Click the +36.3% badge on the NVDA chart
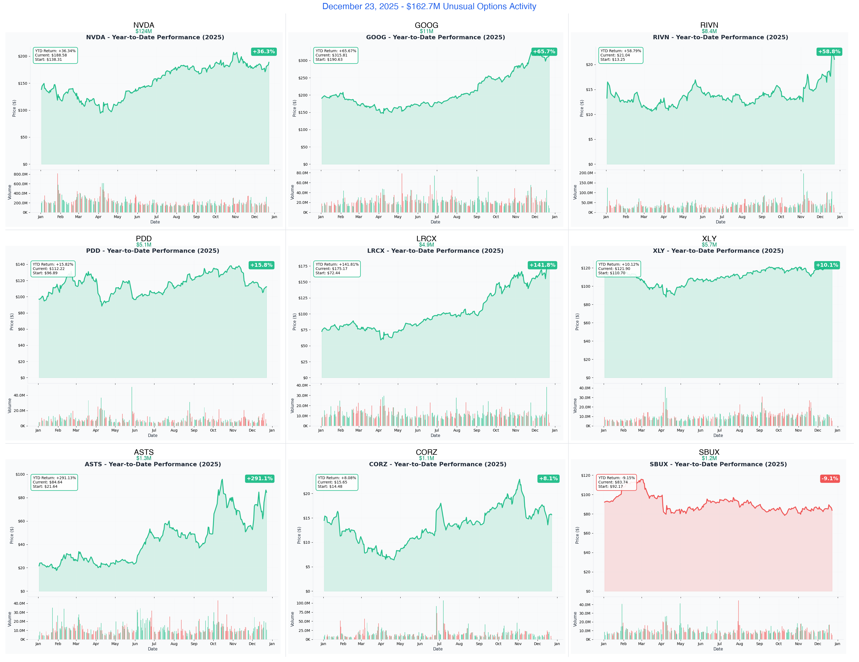coord(264,52)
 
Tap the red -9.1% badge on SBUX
coord(829,478)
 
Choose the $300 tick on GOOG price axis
coord(303,60)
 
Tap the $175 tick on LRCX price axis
coord(303,266)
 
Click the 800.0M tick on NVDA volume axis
coord(20,174)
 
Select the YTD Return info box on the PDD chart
coord(53,269)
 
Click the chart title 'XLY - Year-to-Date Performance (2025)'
coord(718,251)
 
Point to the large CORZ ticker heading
coord(426,452)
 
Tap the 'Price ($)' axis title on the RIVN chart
coord(582,108)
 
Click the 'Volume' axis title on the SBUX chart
coord(575,619)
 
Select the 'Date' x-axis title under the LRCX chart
coord(435,436)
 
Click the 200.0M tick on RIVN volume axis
coord(586,173)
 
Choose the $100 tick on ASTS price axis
coord(20,475)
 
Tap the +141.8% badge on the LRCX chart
coord(542,265)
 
